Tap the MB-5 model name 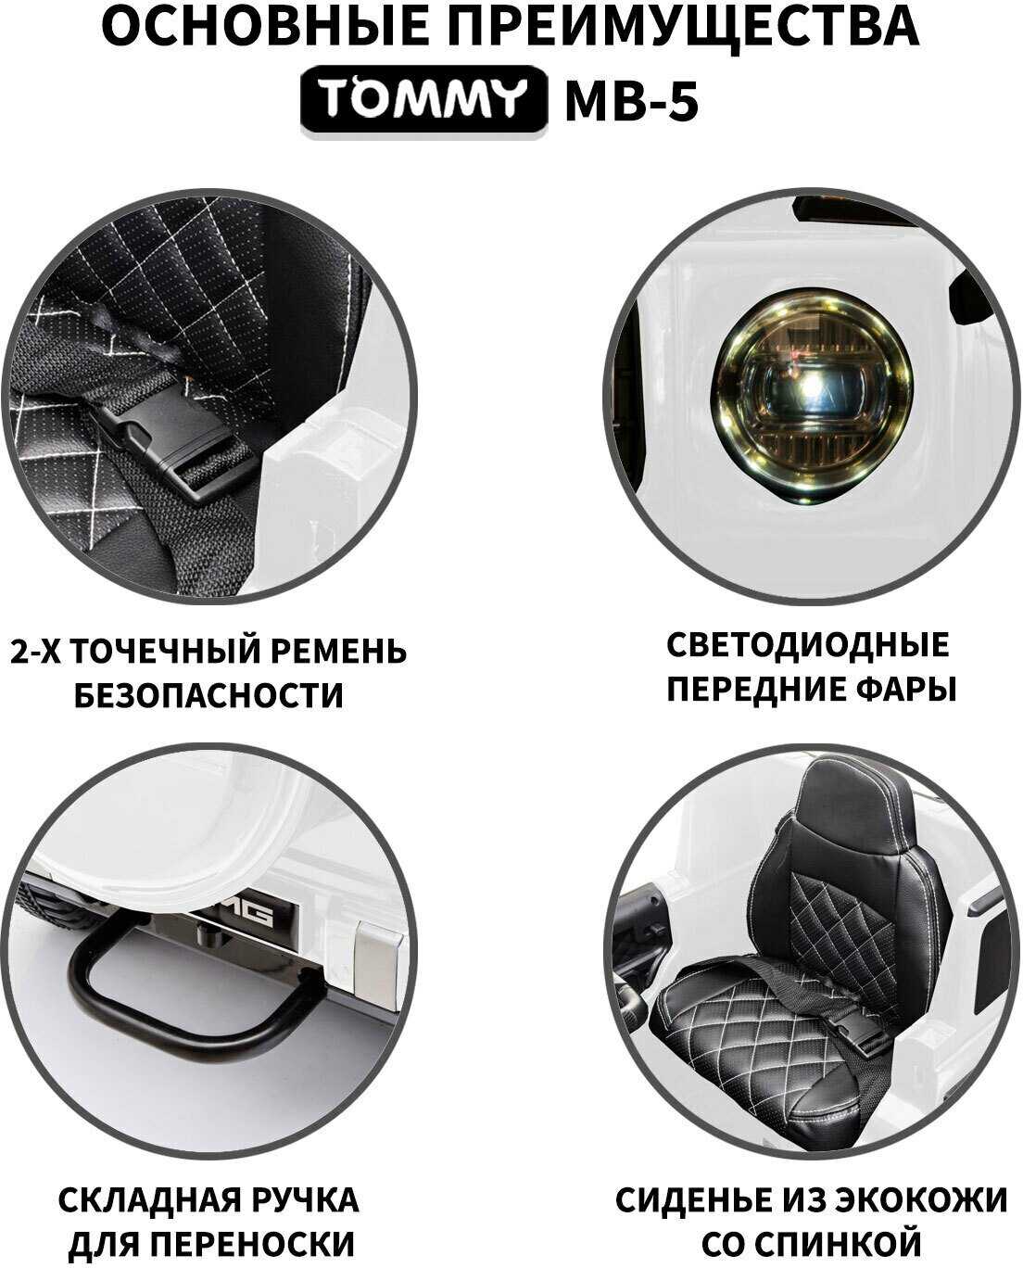[632, 101]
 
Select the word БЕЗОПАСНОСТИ [208, 695]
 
